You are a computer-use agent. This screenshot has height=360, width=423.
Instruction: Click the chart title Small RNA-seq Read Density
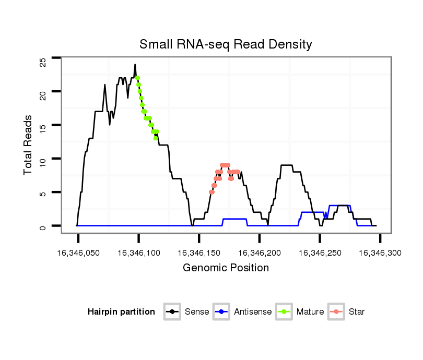[226, 44]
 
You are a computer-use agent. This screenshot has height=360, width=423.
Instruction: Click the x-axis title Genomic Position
[226, 268]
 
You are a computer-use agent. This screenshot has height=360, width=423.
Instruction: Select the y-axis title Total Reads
[28, 145]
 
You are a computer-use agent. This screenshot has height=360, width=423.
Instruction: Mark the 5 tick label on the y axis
[43, 194]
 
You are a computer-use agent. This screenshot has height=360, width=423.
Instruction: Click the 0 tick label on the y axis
[43, 226]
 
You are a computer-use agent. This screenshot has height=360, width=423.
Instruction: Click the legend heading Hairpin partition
[121, 312]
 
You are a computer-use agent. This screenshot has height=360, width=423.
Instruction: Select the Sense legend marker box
[172, 312]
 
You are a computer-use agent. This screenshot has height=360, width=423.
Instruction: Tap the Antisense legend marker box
[221, 312]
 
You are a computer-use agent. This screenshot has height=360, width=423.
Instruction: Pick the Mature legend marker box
[284, 312]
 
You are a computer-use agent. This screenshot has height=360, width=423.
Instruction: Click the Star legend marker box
[336, 312]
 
